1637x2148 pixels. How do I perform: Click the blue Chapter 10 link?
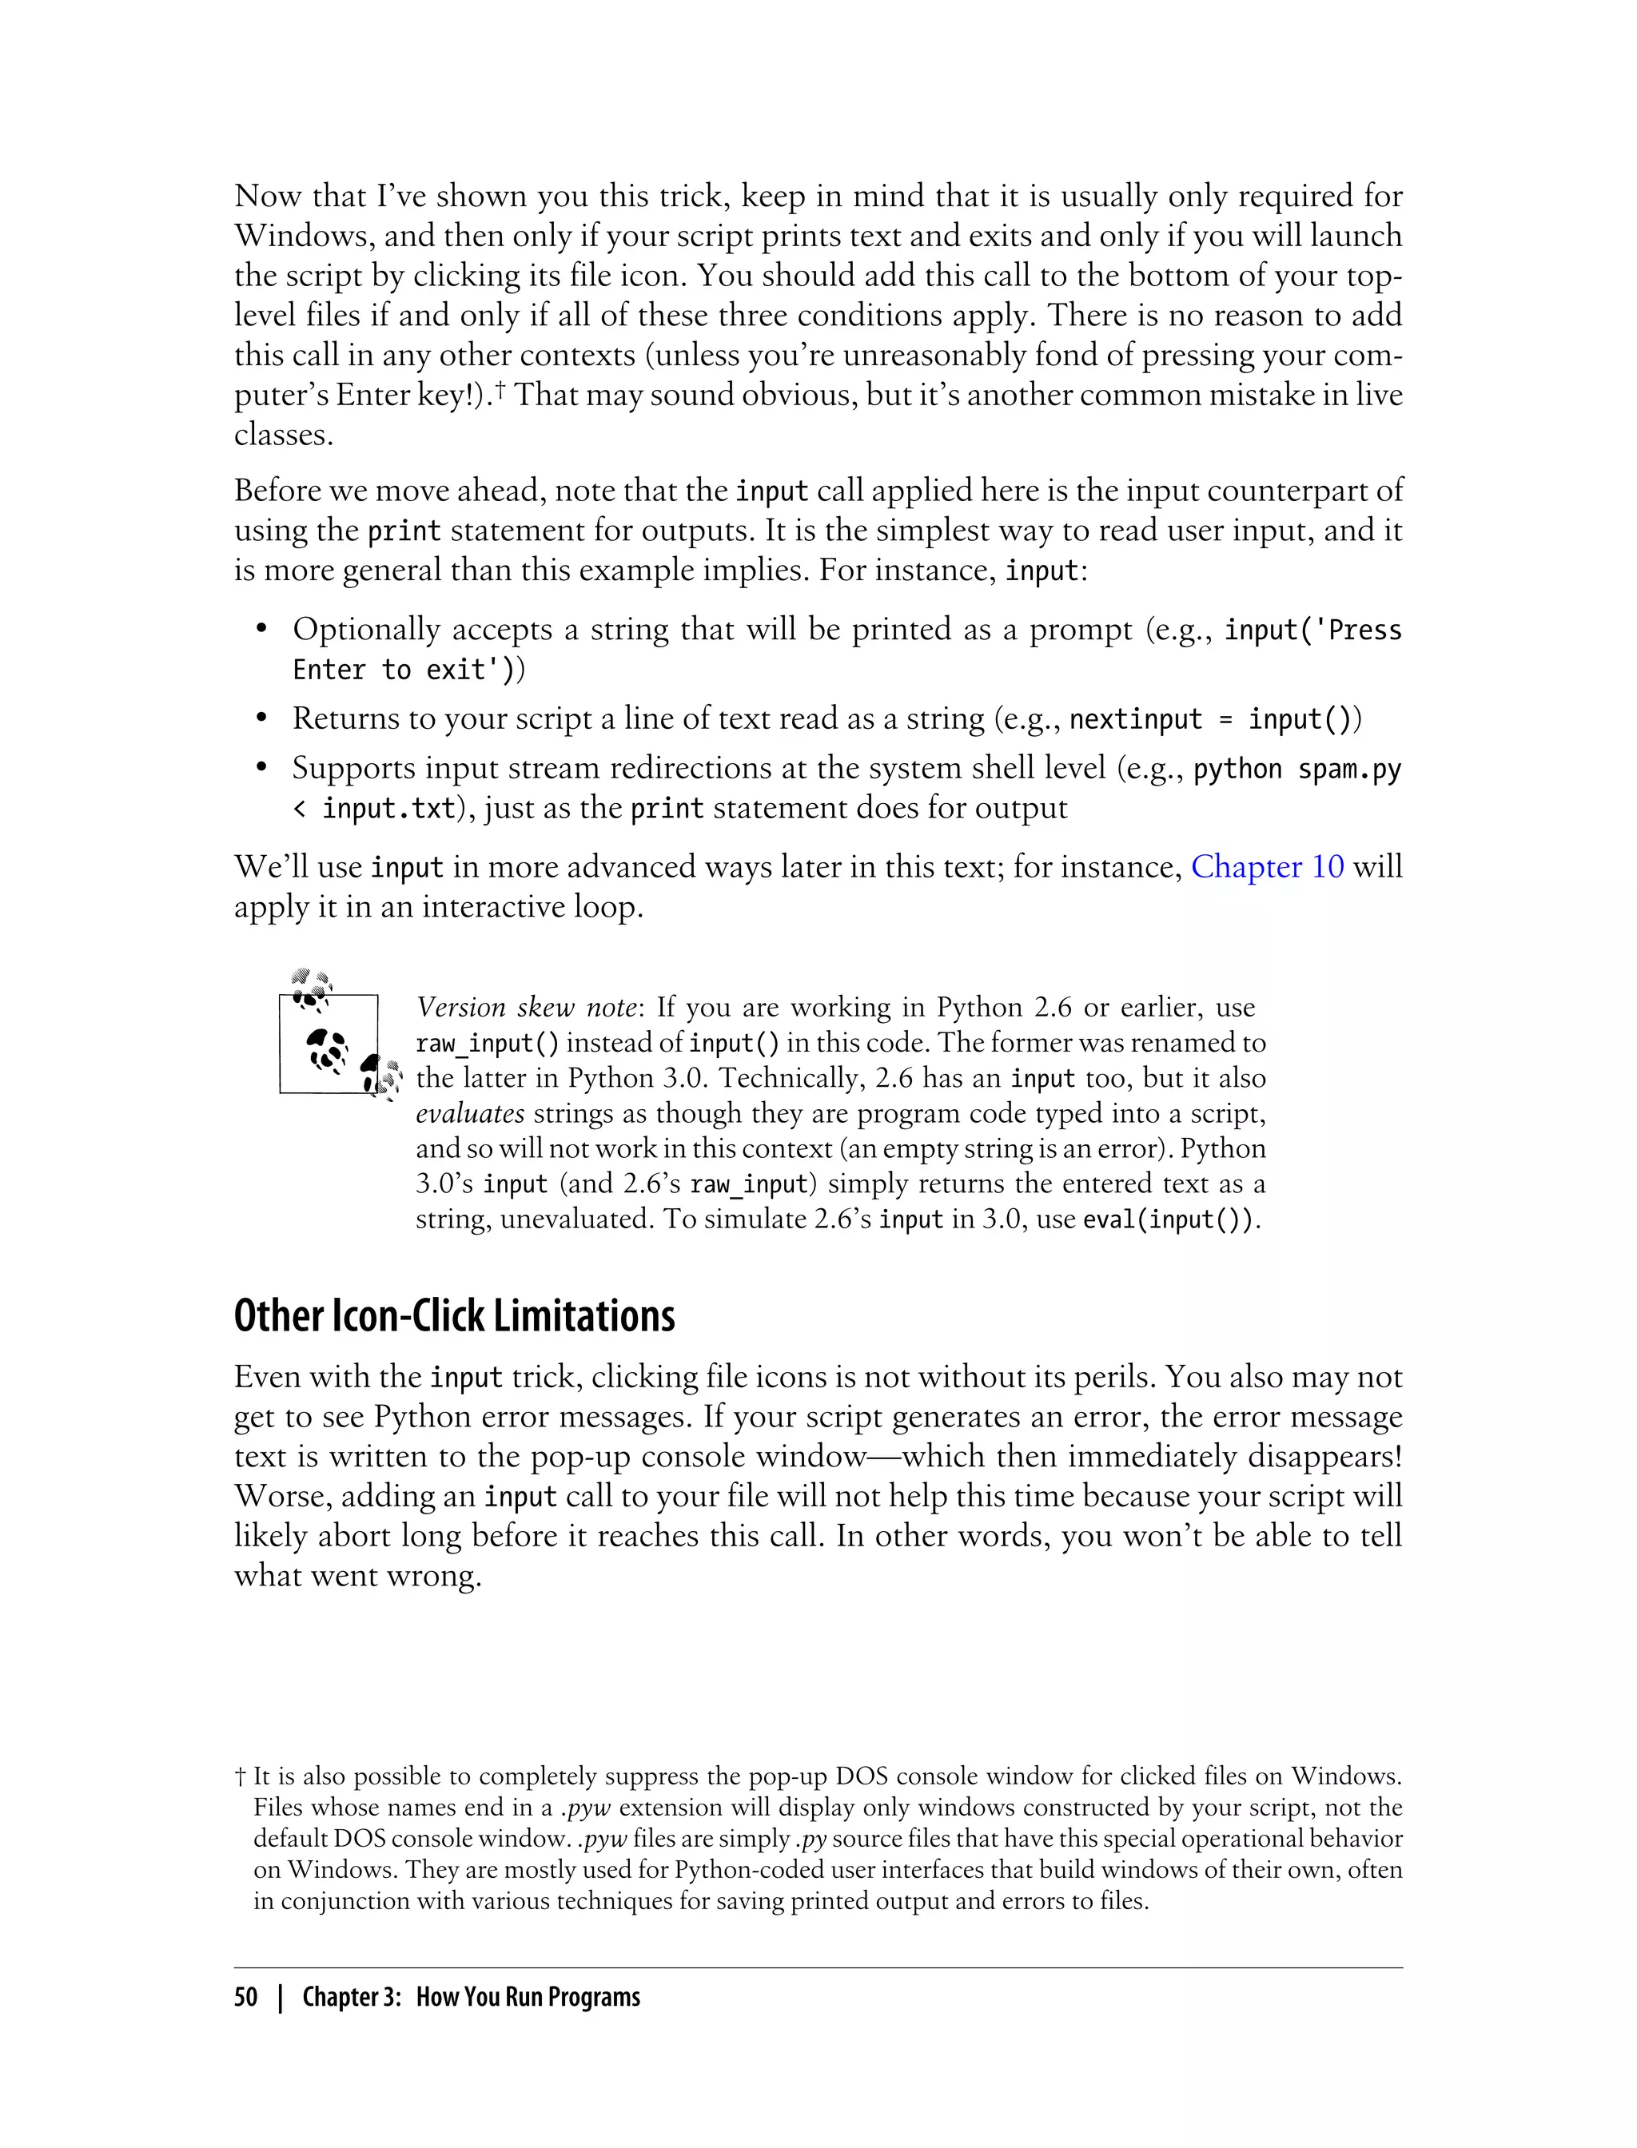(x=1267, y=867)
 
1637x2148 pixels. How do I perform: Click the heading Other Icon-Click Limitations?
(x=454, y=1316)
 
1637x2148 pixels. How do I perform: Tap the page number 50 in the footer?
(x=245, y=1997)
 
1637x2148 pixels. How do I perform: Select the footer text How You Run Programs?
(x=528, y=1997)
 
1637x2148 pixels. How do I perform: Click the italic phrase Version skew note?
(x=526, y=1007)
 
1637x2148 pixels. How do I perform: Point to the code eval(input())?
(x=1169, y=1219)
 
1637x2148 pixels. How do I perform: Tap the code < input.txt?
(x=374, y=809)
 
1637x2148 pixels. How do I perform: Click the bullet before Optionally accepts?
(x=261, y=630)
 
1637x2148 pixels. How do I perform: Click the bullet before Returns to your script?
(x=261, y=720)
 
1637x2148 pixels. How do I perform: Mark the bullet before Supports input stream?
(x=261, y=770)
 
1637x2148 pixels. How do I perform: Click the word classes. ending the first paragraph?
(x=284, y=436)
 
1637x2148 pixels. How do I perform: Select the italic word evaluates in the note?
(x=470, y=1113)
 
